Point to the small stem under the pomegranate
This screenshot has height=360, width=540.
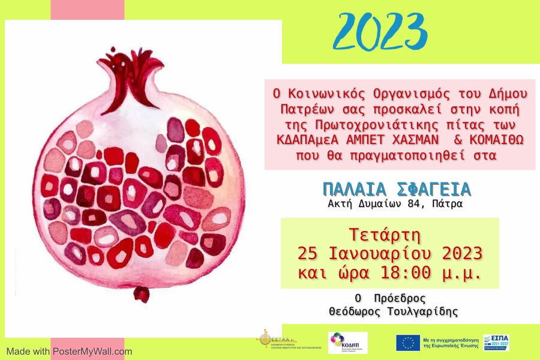tap(141, 294)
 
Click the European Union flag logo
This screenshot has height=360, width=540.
tap(407, 343)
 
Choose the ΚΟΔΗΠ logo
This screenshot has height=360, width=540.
tap(347, 343)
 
